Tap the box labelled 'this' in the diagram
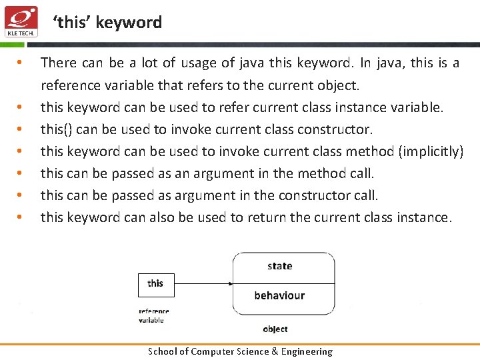pyautogui.click(x=155, y=283)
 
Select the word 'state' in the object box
pyautogui.click(x=279, y=266)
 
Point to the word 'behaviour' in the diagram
pyautogui.click(x=279, y=295)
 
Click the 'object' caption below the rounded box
pyautogui.click(x=275, y=329)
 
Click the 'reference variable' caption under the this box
pyautogui.click(x=153, y=315)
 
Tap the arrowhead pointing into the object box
pyautogui.click(x=229, y=284)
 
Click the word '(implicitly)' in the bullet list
pyautogui.click(x=431, y=151)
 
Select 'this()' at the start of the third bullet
pyautogui.click(x=56, y=129)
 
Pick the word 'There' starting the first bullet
pyautogui.click(x=59, y=63)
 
